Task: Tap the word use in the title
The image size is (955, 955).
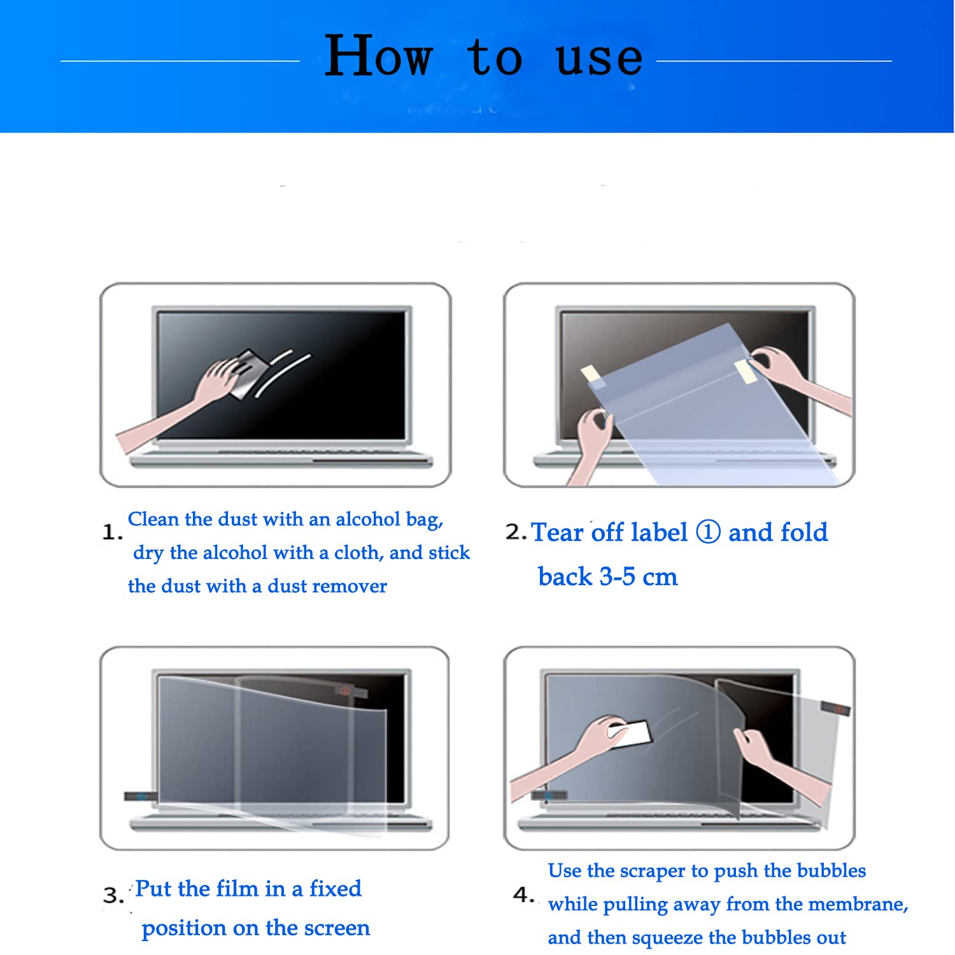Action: (x=598, y=59)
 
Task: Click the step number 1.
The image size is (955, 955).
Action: (x=111, y=532)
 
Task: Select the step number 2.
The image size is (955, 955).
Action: (x=514, y=532)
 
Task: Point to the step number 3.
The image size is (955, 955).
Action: (x=113, y=896)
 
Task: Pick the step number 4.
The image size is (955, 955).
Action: (x=523, y=895)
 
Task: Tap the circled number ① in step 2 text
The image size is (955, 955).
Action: (x=707, y=532)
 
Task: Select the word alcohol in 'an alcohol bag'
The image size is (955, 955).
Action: (x=369, y=520)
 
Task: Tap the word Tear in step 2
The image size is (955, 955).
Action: (x=556, y=532)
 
